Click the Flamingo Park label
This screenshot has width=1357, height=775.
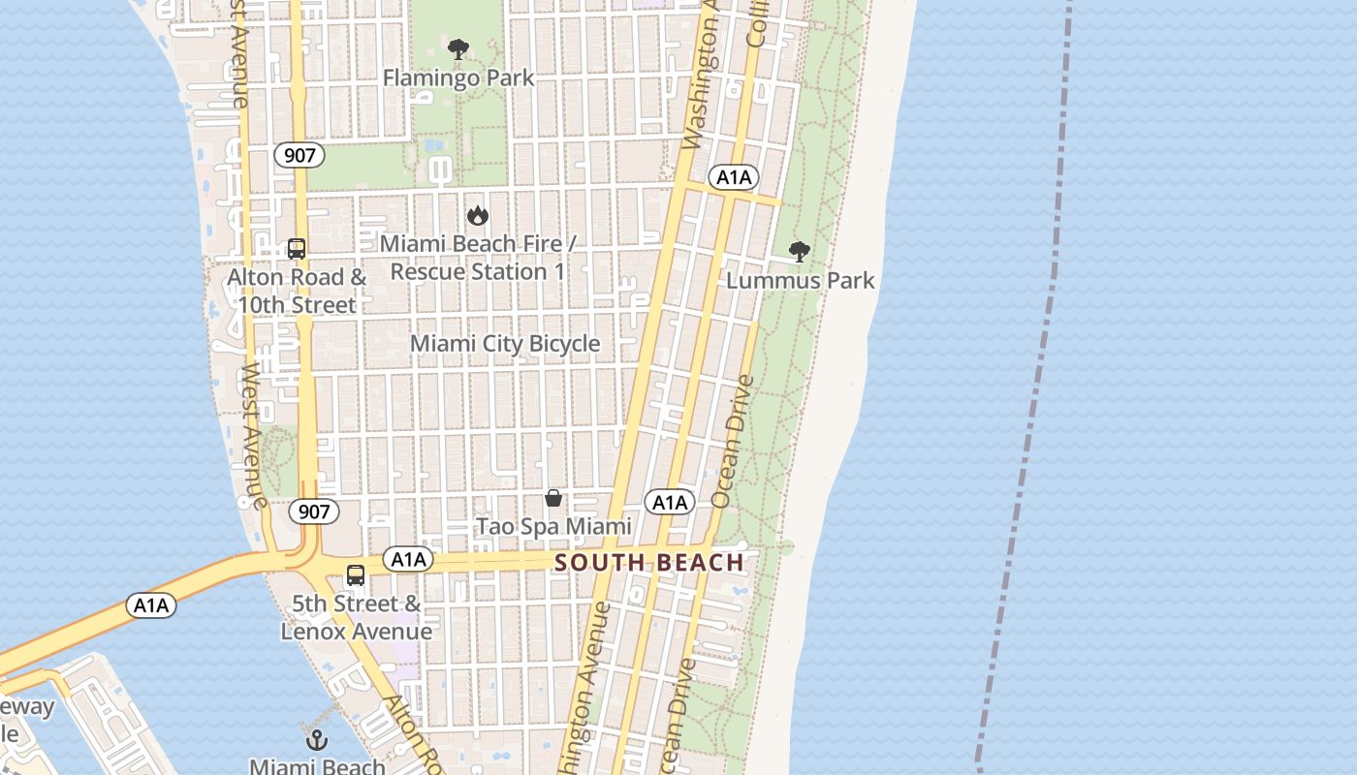coord(458,77)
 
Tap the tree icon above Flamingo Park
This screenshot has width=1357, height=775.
coord(458,48)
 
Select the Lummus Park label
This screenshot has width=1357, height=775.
coord(801,281)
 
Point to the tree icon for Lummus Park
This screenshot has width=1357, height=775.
coord(800,252)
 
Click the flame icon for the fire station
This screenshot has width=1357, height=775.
coord(477,215)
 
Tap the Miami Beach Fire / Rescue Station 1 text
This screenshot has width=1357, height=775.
coord(477,258)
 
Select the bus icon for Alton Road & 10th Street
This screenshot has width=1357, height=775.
coord(297,249)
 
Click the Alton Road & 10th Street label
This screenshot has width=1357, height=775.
coord(297,291)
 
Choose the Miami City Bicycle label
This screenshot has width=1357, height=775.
coord(505,344)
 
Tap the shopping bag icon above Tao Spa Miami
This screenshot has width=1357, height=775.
coord(553,498)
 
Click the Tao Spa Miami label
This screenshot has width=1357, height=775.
coord(553,527)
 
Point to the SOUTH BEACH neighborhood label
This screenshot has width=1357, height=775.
coord(649,563)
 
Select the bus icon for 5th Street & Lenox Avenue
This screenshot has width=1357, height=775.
coord(356,574)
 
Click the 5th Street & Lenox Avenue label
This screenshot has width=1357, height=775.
coord(357,618)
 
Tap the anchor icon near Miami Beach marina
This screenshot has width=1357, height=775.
coord(317,740)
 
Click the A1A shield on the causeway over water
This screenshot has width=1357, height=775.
coord(151,606)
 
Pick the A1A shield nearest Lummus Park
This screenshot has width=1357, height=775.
coord(733,177)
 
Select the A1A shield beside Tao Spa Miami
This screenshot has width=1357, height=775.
coord(670,502)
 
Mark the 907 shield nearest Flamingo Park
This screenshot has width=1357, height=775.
coord(299,155)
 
